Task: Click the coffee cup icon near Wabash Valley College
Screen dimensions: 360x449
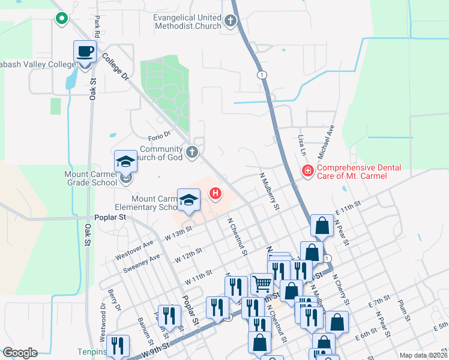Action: point(85,51)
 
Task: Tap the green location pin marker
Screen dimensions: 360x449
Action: point(61,20)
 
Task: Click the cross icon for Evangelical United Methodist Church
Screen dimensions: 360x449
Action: point(230,22)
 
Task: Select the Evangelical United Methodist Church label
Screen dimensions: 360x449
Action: point(187,22)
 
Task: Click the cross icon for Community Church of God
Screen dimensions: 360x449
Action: point(192,152)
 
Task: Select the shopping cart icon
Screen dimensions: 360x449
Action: point(262,283)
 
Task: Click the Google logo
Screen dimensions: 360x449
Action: point(20,353)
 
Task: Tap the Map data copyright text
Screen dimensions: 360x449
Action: point(422,355)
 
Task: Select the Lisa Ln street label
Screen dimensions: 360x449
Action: point(301,144)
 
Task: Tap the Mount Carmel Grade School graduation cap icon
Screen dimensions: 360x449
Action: point(125,161)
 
